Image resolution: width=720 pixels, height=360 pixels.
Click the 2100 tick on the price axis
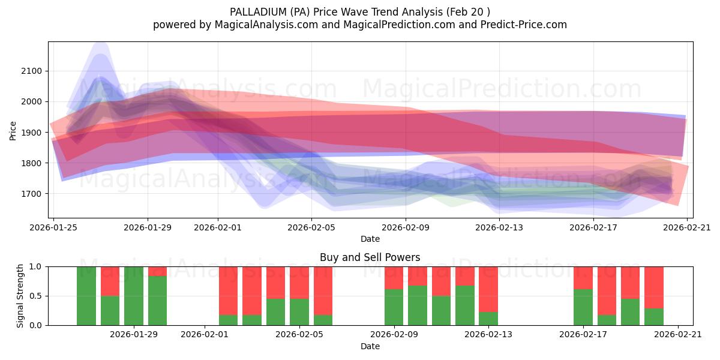[x=31, y=71]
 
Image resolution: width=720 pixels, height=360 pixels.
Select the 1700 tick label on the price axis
[x=31, y=194]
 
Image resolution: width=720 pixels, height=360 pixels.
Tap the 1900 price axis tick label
[x=31, y=133]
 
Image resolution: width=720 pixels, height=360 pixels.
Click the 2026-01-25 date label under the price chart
[x=54, y=227]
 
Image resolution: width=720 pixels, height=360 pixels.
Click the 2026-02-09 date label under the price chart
[x=406, y=227]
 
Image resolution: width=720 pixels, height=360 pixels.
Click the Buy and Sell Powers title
[x=370, y=257]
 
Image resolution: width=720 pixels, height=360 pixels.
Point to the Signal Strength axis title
[x=20, y=295]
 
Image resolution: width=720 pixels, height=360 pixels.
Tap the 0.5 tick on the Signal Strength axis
[x=35, y=296]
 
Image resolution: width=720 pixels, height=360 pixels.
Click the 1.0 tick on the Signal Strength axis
[x=35, y=266]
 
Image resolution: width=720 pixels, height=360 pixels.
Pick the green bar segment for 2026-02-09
[x=394, y=307]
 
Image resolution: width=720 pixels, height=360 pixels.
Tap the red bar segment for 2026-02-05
[x=299, y=282]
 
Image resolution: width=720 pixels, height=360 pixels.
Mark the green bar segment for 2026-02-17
[x=583, y=307]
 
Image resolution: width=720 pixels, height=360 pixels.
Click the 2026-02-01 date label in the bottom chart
[x=205, y=335]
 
